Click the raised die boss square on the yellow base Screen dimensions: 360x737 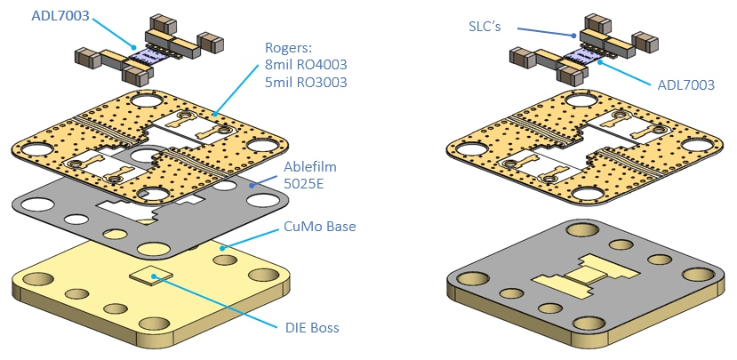(x=150, y=276)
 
